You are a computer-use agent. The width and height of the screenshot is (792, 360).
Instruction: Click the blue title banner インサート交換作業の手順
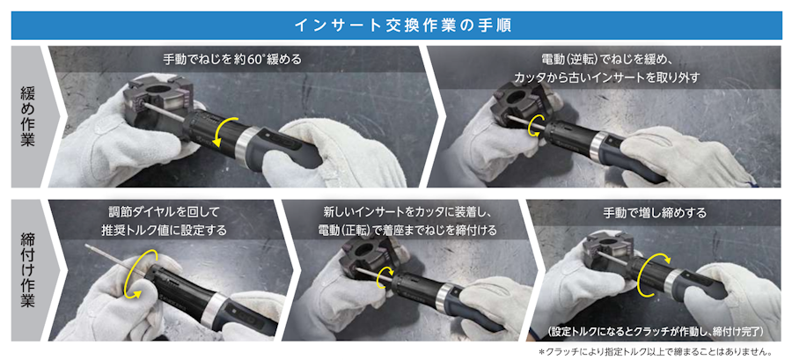pos(395,26)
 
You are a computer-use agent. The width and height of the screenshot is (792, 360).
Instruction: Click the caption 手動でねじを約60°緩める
pos(231,60)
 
